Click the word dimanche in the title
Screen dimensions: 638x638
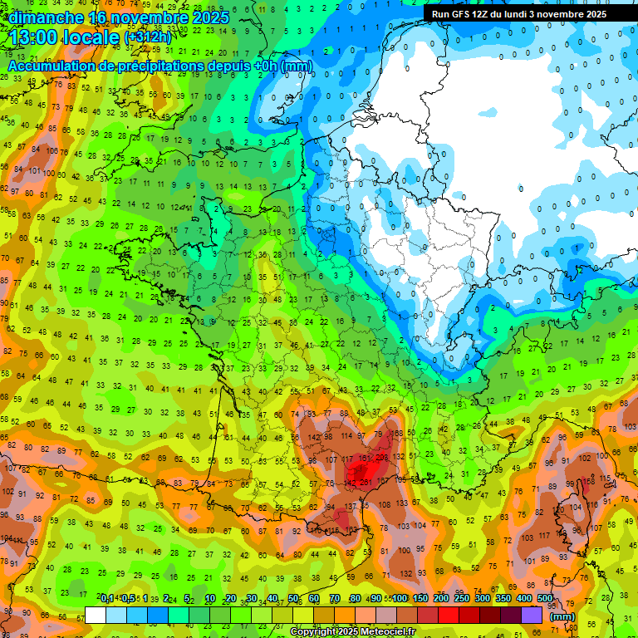46,17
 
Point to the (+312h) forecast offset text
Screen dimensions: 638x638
147,37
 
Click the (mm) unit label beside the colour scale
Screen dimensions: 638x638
562,617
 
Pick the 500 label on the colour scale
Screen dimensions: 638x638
545,599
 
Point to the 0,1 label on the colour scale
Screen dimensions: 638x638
107,599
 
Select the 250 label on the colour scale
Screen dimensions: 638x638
462,599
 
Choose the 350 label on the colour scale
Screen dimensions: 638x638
503,599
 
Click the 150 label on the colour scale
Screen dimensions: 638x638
420,599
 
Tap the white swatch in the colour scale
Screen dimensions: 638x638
96,615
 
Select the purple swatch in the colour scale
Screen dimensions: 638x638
532,615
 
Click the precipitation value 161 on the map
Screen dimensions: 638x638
364,458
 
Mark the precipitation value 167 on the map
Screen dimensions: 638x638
383,481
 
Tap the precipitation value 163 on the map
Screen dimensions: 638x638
351,530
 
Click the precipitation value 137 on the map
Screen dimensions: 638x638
351,506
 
